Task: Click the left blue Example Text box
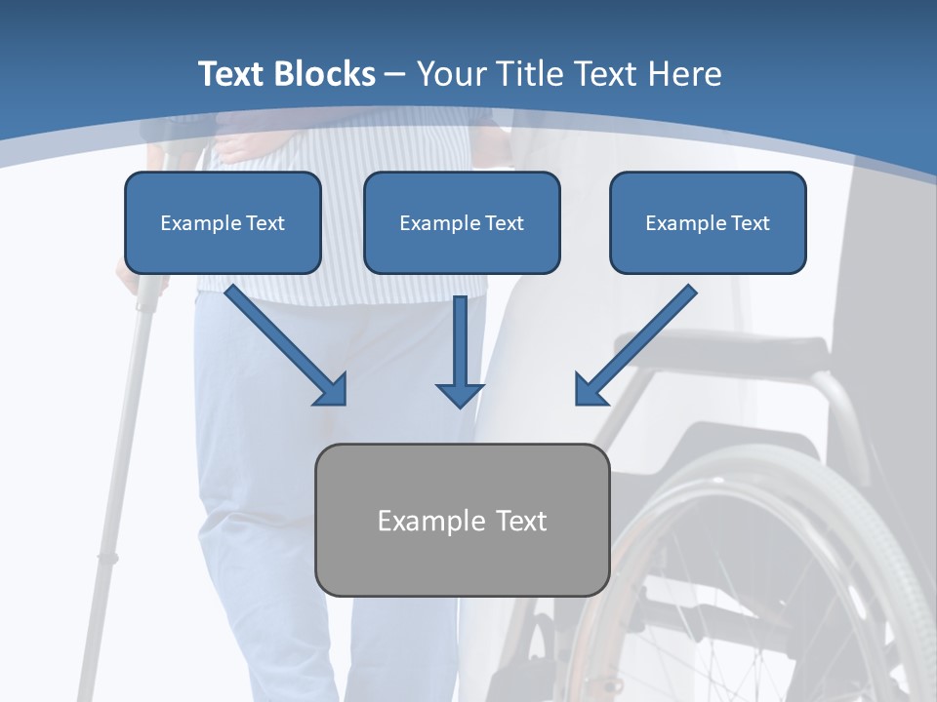(223, 222)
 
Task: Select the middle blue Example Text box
(462, 222)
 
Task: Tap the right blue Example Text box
(708, 222)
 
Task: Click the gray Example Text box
(462, 520)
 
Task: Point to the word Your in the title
(450, 74)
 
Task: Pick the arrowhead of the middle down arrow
(460, 394)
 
